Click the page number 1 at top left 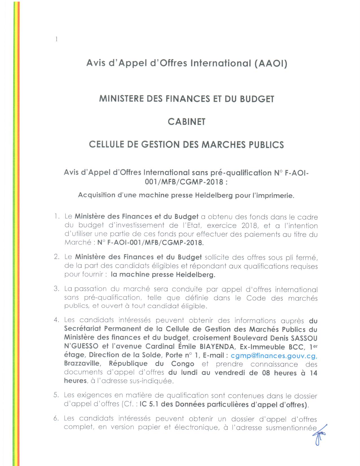pyautogui.click(x=56, y=39)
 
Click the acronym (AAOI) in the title pyautogui.click(x=271, y=63)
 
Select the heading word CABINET pyautogui.click(x=186, y=122)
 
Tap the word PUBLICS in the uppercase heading pyautogui.click(x=266, y=145)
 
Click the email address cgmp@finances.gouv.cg pyautogui.click(x=274, y=355)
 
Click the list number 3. pyautogui.click(x=56, y=289)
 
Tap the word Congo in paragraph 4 pyautogui.click(x=183, y=364)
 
